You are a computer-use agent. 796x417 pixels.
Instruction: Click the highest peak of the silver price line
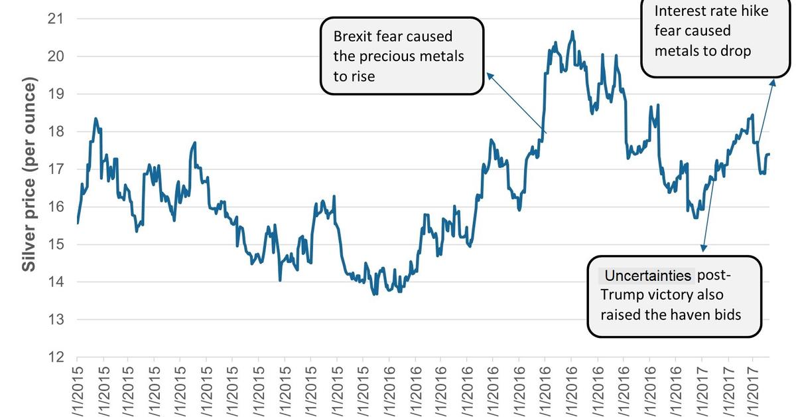(x=572, y=31)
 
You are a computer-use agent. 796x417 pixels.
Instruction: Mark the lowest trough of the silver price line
(x=375, y=294)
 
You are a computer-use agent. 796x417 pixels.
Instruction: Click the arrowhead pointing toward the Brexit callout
(x=489, y=74)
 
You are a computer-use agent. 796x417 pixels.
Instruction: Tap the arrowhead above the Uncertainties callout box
(x=703, y=248)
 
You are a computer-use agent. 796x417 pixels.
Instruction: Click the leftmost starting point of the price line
(x=78, y=223)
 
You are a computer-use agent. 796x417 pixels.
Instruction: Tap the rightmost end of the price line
(x=769, y=154)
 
